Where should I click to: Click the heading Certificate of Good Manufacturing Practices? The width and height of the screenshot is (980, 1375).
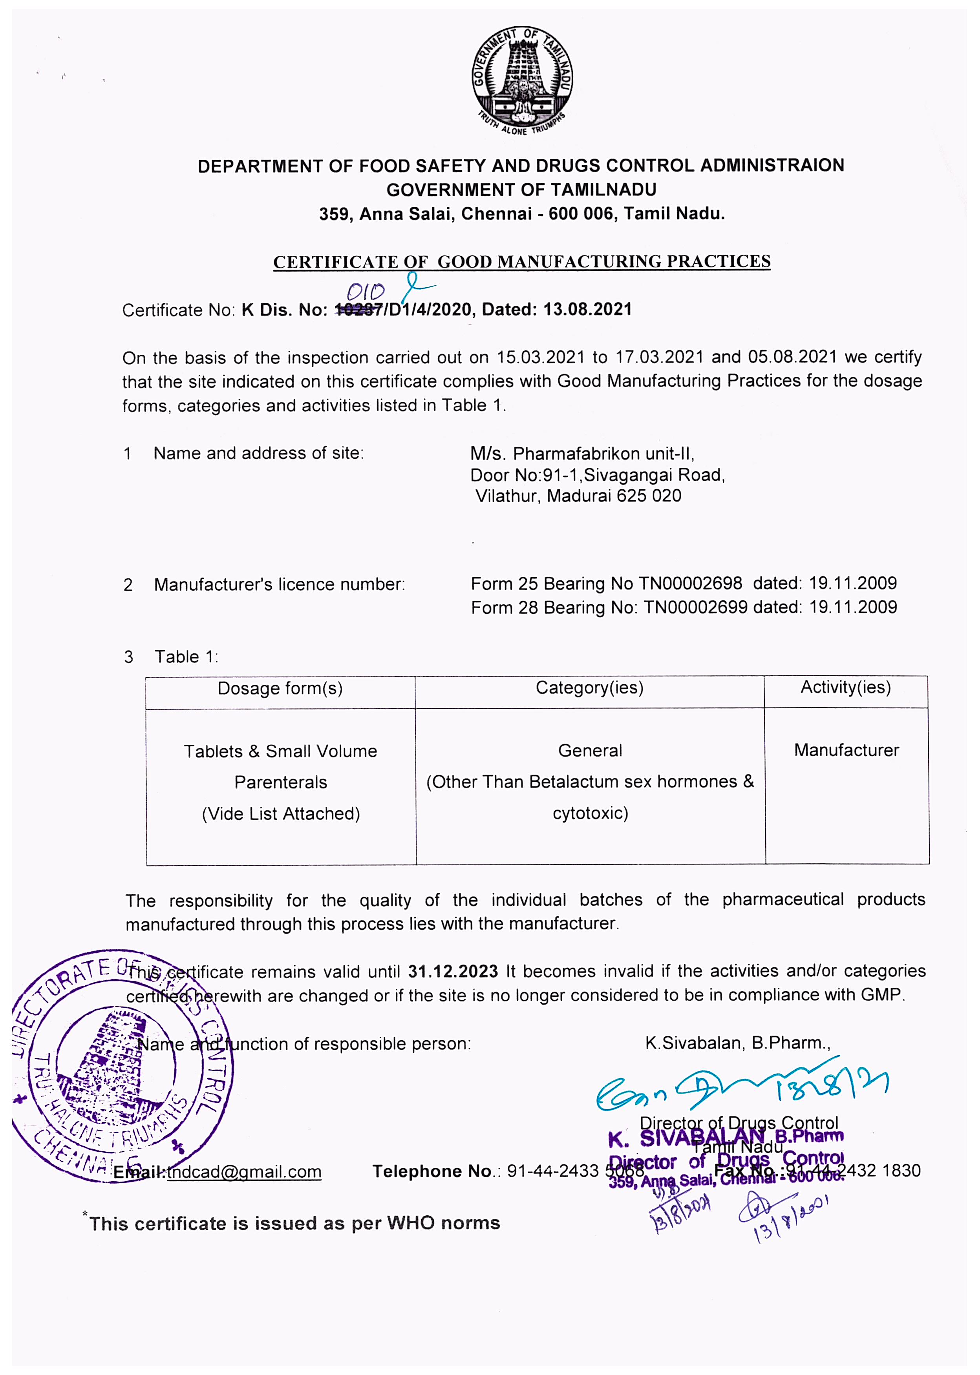522,262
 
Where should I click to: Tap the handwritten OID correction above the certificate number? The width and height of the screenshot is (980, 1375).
366,292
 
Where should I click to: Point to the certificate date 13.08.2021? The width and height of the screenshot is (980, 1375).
588,309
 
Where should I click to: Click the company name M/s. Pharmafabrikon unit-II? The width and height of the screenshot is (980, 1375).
582,454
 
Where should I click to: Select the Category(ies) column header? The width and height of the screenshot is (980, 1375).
590,687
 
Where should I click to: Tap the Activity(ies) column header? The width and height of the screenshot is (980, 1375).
845,687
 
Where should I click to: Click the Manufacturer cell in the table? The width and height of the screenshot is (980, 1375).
846,750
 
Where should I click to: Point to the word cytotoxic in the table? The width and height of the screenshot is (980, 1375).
590,813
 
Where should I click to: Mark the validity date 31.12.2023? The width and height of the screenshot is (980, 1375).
453,972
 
